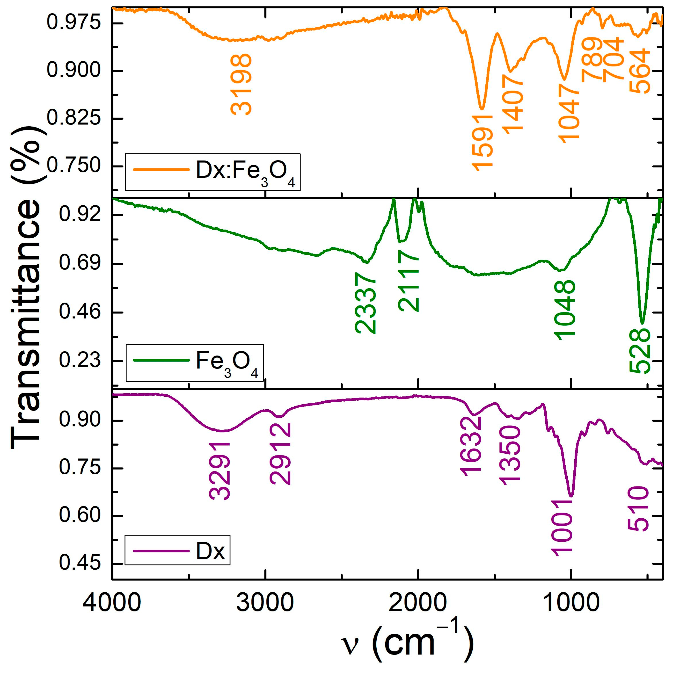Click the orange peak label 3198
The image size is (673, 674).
coord(241,84)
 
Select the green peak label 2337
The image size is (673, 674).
coord(365,303)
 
